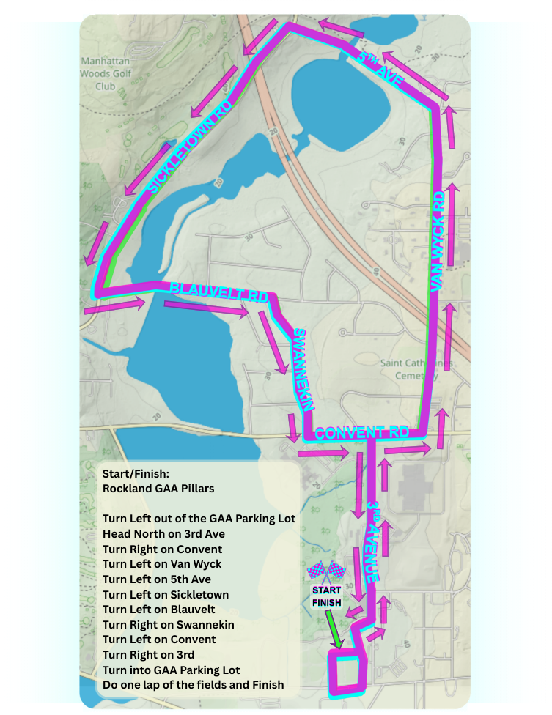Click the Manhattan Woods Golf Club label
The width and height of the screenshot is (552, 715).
(106, 73)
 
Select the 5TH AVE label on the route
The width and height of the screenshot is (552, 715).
(380, 70)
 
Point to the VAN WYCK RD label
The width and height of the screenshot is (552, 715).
(438, 242)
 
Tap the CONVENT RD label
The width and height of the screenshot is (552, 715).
(361, 433)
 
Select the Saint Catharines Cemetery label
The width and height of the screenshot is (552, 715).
(417, 369)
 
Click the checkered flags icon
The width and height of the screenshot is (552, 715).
(325, 570)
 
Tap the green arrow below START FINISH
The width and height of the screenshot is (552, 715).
(333, 628)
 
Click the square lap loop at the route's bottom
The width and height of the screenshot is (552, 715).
(346, 673)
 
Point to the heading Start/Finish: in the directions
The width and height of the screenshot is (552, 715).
(136, 474)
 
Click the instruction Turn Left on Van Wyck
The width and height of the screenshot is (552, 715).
(162, 564)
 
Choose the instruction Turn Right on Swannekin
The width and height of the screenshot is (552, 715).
(169, 625)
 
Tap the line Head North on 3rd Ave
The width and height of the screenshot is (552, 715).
(163, 534)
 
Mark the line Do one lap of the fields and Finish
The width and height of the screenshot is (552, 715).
(193, 685)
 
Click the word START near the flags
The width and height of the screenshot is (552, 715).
(326, 590)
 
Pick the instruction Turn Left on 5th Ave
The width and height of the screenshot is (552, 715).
(157, 579)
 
